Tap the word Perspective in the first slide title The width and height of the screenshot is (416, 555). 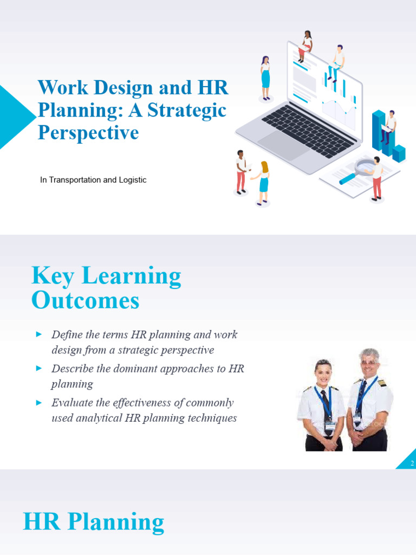point(88,132)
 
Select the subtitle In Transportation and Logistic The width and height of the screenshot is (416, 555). point(93,180)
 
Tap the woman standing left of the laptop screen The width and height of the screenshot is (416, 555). point(265,79)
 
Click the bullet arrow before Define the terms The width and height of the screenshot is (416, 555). point(38,334)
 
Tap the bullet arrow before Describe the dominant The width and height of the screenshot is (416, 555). point(38,368)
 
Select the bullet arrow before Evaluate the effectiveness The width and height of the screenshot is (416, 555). point(38,402)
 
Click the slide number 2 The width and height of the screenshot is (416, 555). point(412,463)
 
